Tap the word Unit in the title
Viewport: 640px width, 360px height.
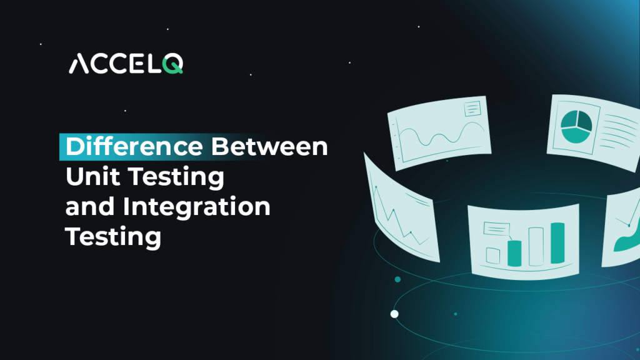91,177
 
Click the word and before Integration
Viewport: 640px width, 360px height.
89,207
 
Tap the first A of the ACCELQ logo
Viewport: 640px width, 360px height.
77,64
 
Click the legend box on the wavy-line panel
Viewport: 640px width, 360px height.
472,110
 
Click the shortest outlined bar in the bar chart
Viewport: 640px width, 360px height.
493,256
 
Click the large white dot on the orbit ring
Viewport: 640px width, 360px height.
394,314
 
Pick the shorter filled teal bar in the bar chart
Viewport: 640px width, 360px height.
514,251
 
